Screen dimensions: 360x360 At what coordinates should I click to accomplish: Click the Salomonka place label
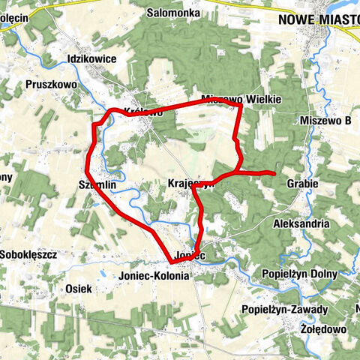pyautogui.click(x=172, y=13)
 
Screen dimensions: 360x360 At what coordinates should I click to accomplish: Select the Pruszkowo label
pyautogui.click(x=51, y=85)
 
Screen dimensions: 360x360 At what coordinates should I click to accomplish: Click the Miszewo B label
pyautogui.click(x=325, y=120)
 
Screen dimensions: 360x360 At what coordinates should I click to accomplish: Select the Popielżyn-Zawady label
pyautogui.click(x=285, y=309)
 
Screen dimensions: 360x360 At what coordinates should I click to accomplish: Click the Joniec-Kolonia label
pyautogui.click(x=154, y=275)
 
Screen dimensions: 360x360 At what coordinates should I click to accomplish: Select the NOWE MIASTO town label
pyautogui.click(x=318, y=20)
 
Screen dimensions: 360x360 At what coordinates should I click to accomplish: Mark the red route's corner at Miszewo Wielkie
pyautogui.click(x=240, y=105)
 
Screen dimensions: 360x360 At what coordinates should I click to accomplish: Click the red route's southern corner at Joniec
pyautogui.click(x=172, y=263)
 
